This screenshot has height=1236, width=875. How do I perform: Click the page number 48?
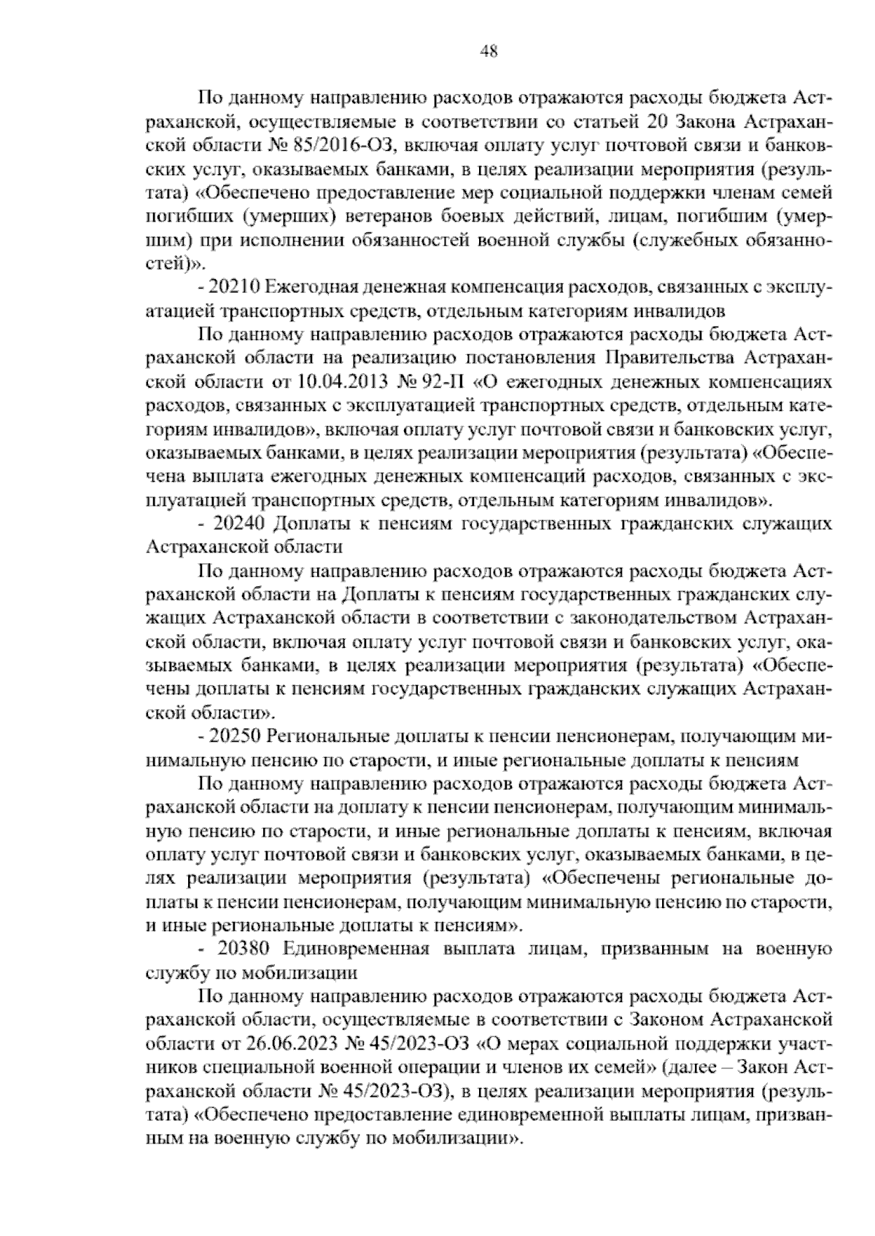[489, 51]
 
